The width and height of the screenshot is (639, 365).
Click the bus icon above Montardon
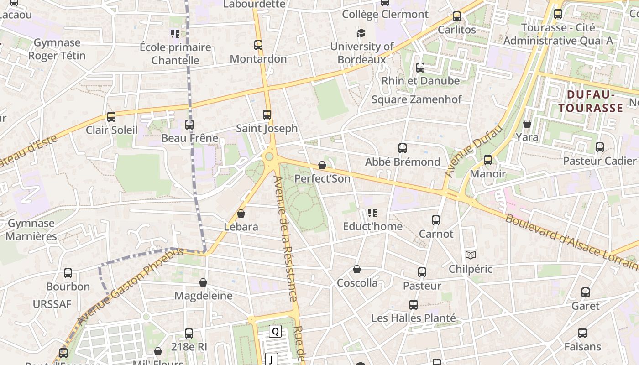(258, 45)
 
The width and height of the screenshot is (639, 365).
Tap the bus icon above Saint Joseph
(267, 115)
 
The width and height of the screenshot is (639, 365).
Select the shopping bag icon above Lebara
(241, 214)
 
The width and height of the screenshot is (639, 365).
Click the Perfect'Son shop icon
(322, 165)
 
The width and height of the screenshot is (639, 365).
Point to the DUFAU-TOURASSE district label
(591, 101)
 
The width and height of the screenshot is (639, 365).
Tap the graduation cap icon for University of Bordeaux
(361, 33)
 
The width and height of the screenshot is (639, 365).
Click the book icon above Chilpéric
(470, 255)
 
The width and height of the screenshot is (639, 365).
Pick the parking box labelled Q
(275, 331)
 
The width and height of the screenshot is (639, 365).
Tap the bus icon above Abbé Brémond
(402, 148)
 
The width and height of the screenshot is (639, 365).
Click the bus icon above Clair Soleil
(111, 116)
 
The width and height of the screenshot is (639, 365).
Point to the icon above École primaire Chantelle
(175, 33)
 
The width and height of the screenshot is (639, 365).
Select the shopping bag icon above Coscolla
(357, 270)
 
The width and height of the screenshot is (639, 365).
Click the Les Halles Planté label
(413, 318)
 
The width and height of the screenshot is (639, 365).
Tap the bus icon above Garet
(586, 292)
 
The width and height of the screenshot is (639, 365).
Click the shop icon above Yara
(527, 124)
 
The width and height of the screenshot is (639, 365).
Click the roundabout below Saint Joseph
(269, 157)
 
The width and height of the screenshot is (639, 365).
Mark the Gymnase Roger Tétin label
(57, 49)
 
